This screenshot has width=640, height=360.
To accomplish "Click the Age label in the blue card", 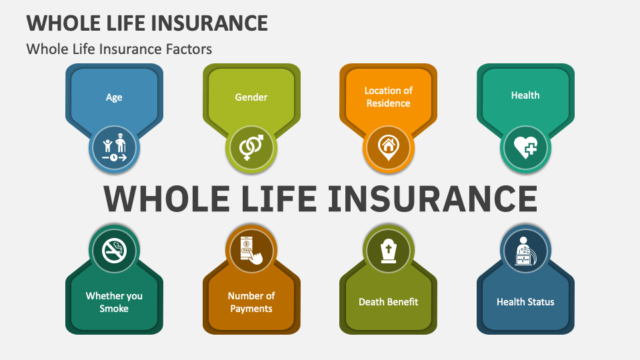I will tap(114, 97).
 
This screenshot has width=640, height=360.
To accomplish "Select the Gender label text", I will tap(251, 97).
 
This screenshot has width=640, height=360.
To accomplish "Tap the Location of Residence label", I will tap(388, 97).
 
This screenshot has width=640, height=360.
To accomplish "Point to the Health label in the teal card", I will tap(525, 95).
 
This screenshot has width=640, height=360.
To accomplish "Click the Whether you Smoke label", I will tap(114, 302).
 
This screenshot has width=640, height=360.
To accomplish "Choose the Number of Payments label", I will tap(251, 302).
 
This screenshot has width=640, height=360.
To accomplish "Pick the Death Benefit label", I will tap(388, 302).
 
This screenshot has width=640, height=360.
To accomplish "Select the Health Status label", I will tap(525, 302).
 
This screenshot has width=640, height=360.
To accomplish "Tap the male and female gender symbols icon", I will tap(251, 147).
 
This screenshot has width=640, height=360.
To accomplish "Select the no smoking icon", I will tap(114, 251).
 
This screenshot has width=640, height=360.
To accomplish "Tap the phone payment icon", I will tap(251, 250).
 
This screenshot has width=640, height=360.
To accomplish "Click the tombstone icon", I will tap(388, 251).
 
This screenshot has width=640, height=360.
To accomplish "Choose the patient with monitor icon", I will tap(525, 251).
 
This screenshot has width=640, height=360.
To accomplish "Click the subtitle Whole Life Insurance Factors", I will tap(119, 49).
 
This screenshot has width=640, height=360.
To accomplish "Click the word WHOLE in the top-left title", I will tap(61, 23).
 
